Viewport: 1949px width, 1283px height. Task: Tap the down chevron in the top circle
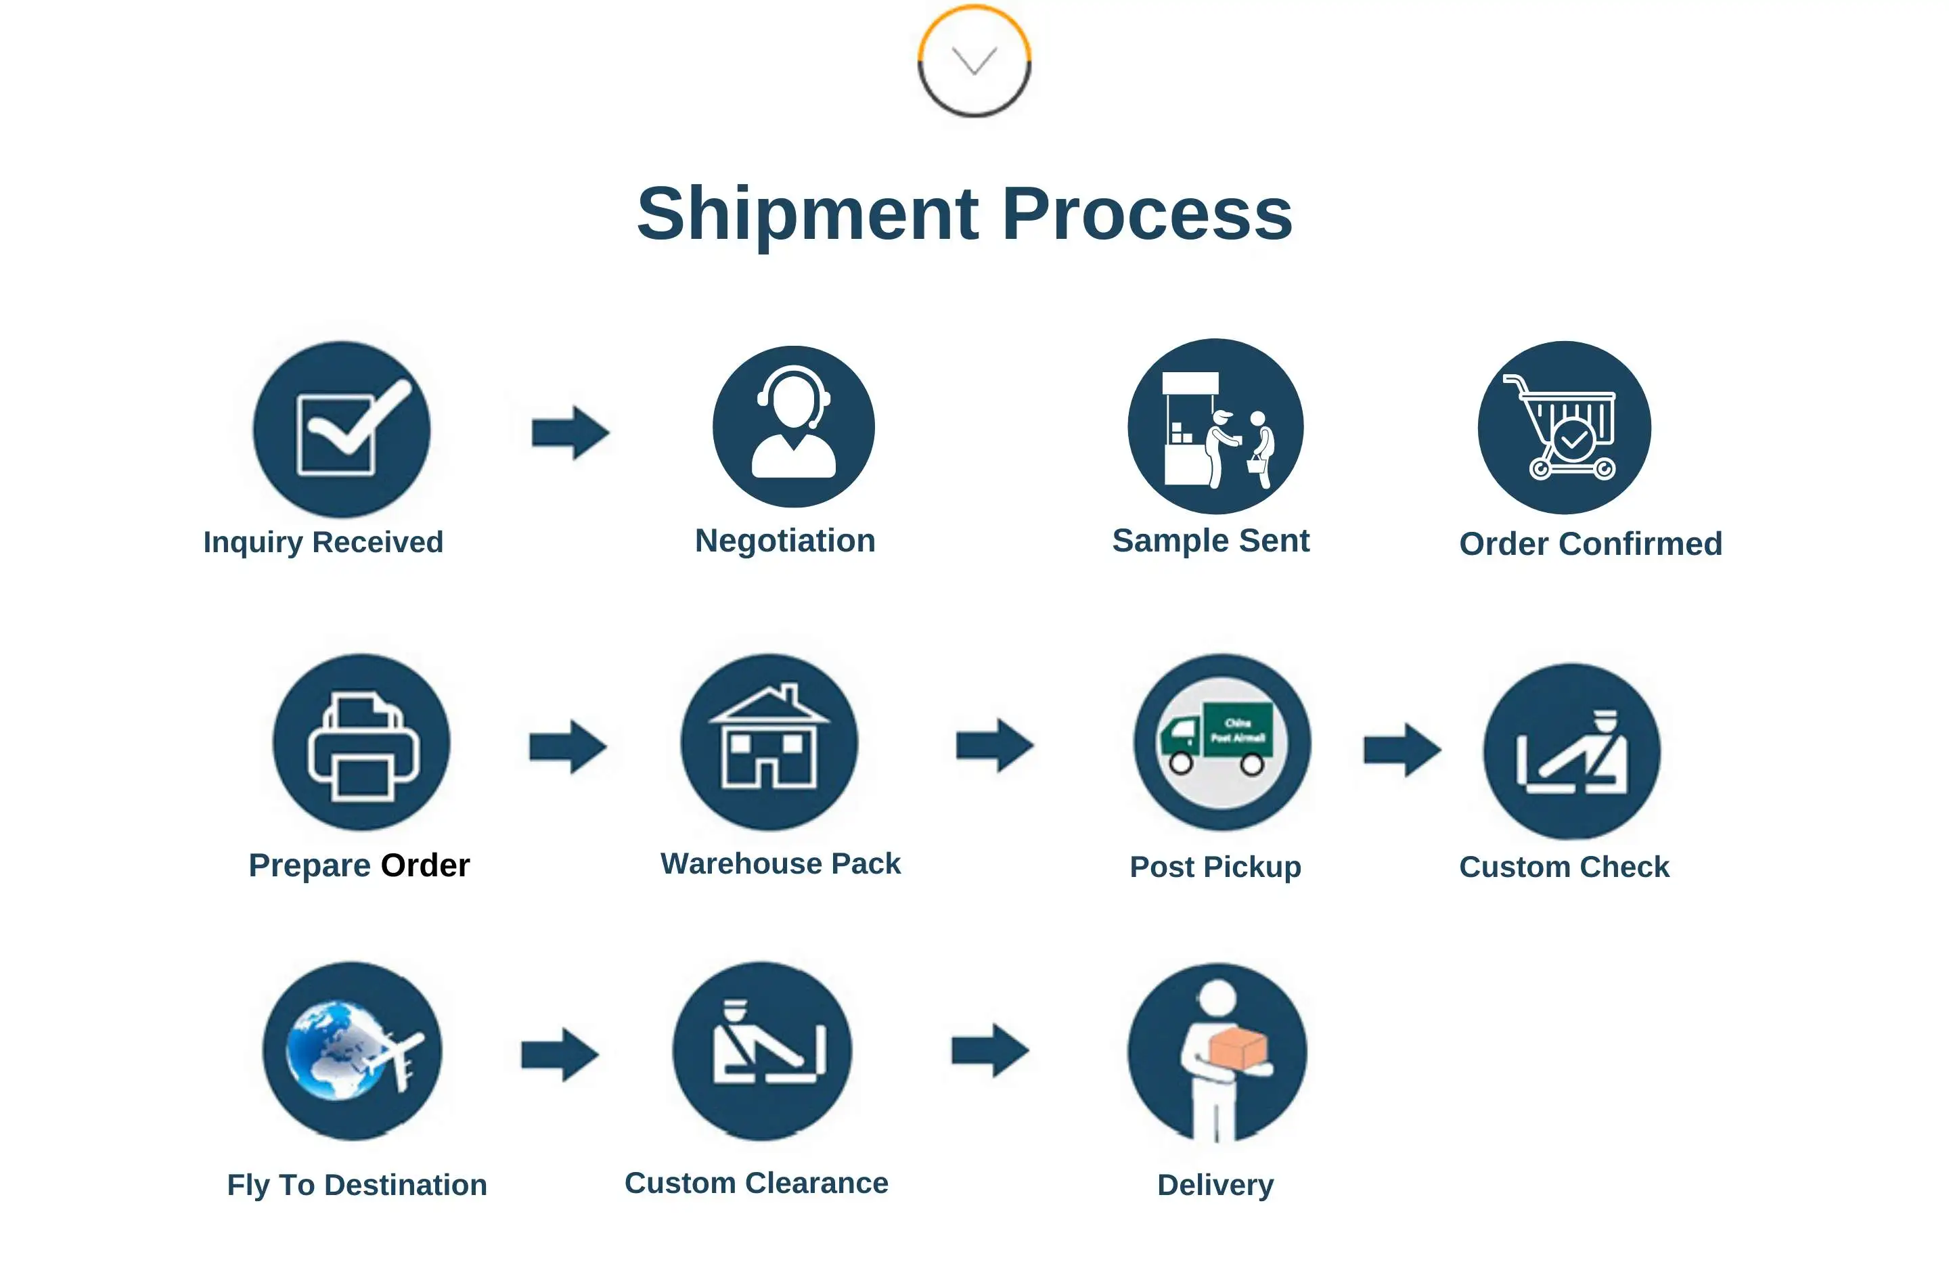tap(974, 61)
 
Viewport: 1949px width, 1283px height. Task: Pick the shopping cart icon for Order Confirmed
tap(1565, 428)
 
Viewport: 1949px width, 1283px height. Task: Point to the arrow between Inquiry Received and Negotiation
tap(570, 432)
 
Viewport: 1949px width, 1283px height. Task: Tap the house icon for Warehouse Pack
tap(769, 740)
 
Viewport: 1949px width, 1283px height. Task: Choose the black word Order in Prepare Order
tap(425, 865)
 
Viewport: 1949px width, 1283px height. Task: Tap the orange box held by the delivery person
tap(1237, 1049)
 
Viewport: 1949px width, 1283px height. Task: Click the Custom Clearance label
tap(756, 1183)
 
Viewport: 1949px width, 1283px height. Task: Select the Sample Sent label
tap(1211, 541)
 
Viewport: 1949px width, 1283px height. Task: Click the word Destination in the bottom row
tap(405, 1185)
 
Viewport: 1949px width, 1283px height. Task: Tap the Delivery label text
tap(1215, 1185)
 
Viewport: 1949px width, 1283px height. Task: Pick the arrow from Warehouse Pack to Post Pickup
tap(994, 745)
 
